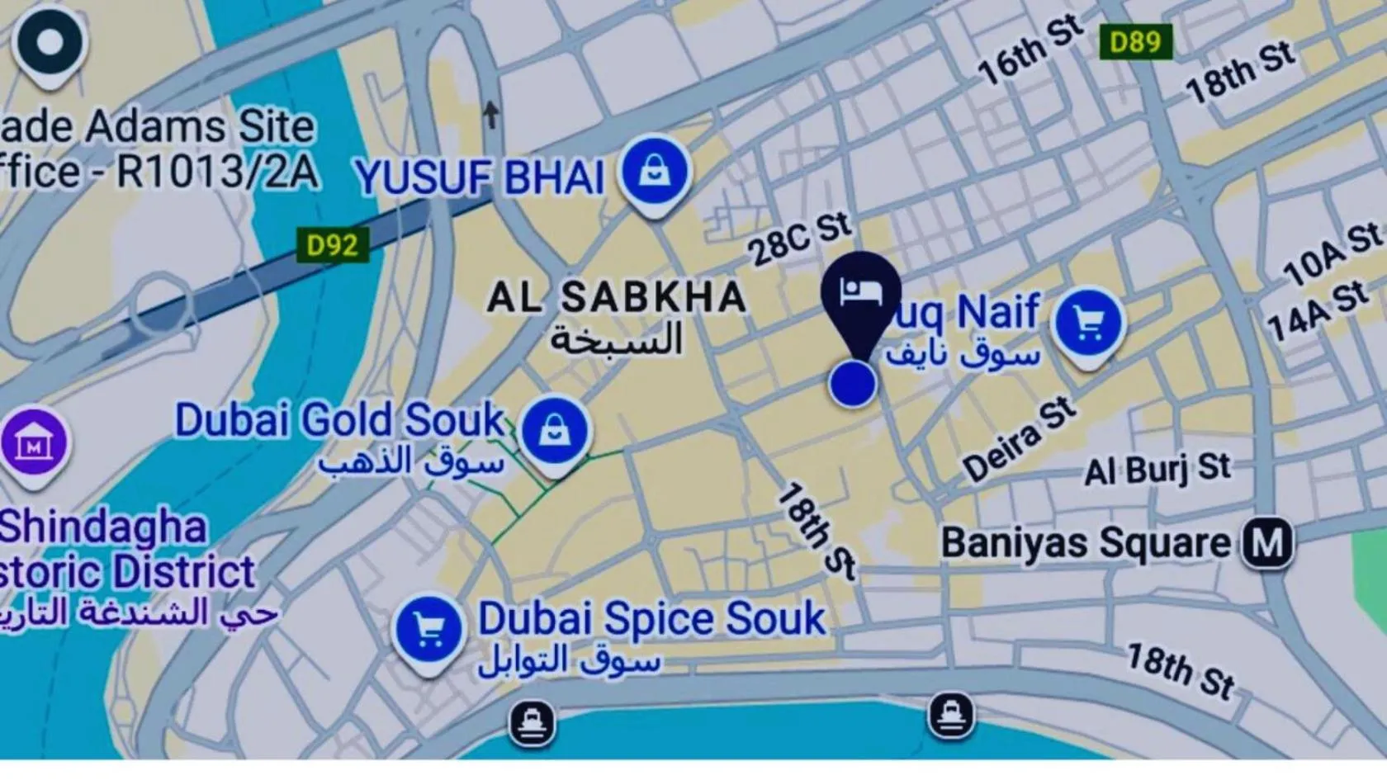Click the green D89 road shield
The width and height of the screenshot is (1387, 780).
(1136, 41)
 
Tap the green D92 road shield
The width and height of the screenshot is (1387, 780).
(332, 245)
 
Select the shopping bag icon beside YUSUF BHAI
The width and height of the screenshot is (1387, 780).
(656, 173)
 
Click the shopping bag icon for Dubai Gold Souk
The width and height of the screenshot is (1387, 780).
(555, 432)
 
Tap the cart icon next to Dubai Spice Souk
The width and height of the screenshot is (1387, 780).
(428, 631)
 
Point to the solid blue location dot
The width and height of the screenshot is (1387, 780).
(853, 384)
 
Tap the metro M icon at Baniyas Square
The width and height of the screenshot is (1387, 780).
(1268, 543)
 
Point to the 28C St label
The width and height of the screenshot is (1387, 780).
(799, 239)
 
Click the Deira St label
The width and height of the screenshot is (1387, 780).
(1020, 439)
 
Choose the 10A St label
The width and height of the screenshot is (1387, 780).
(1332, 254)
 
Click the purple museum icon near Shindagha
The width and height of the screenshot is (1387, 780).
(34, 444)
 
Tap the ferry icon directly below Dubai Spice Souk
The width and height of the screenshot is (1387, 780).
(533, 724)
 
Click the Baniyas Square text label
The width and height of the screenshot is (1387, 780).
(1086, 544)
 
